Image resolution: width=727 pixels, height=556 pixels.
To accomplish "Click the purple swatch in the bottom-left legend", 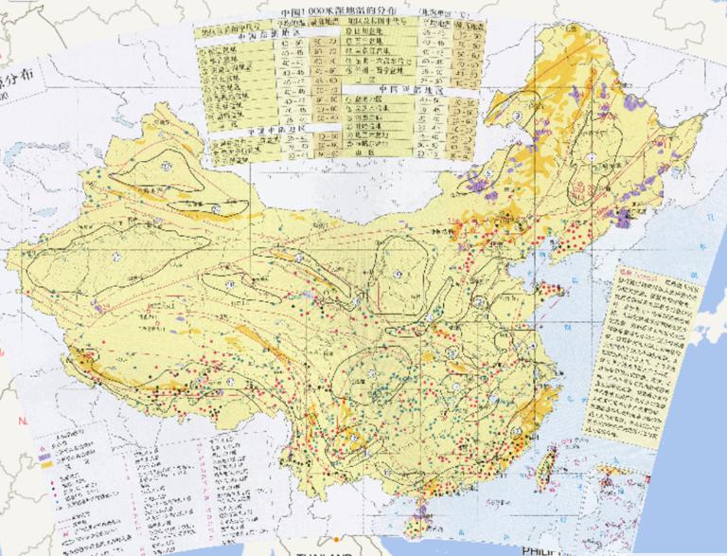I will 43,456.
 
